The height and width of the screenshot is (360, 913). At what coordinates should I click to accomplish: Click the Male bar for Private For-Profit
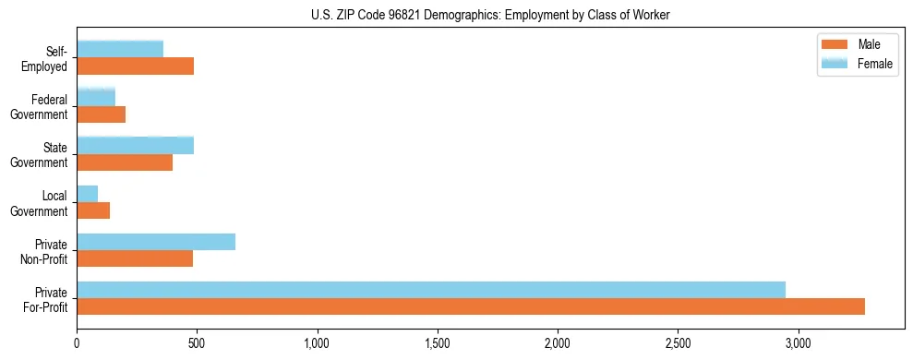click(471, 306)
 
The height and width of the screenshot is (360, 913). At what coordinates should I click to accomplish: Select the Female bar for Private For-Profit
click(431, 290)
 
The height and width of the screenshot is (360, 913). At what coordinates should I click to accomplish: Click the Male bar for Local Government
click(93, 210)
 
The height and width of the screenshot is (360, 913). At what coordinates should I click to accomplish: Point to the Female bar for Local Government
click(88, 194)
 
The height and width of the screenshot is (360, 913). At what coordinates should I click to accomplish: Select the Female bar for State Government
click(136, 146)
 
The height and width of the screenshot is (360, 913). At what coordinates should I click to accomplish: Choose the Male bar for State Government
click(125, 162)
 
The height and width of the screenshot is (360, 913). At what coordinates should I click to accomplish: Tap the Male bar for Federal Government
click(102, 114)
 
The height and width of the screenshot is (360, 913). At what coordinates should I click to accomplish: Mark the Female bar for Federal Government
click(96, 98)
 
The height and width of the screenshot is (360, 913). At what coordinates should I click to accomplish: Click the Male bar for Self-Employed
click(136, 66)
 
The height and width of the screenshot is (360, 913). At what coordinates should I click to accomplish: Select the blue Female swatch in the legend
click(835, 63)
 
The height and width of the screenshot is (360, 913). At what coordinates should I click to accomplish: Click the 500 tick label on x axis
click(197, 343)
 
